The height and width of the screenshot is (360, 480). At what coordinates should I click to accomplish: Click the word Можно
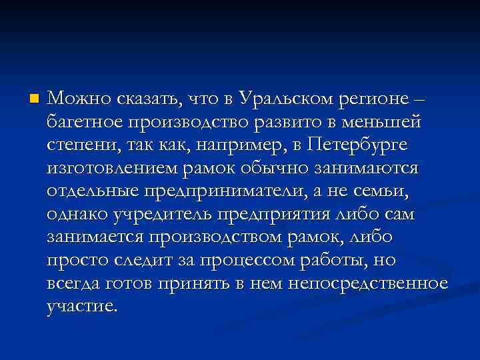72,99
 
